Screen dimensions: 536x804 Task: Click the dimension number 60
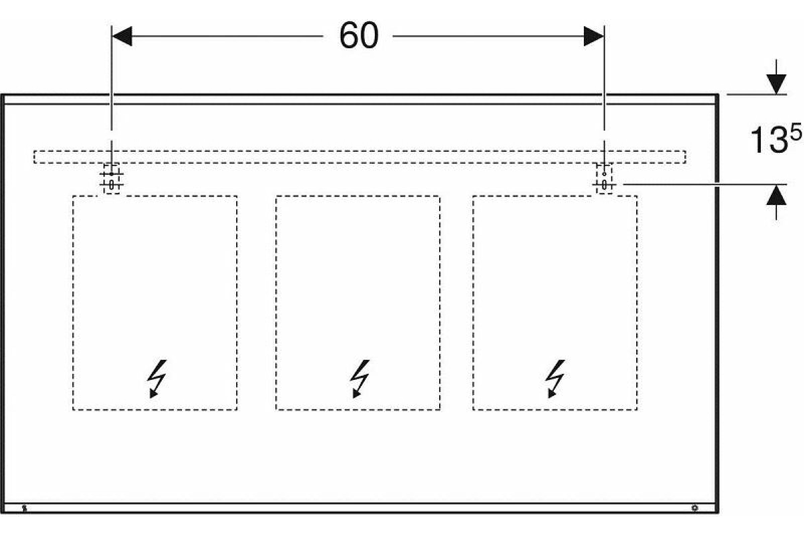coord(358,36)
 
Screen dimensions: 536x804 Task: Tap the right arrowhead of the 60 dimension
coord(594,36)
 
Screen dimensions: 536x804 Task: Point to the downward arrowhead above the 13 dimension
coord(776,84)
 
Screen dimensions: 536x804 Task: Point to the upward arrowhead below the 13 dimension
coord(776,196)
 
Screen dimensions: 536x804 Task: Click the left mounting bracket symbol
coord(112,179)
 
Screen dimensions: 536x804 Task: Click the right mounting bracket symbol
coord(604,179)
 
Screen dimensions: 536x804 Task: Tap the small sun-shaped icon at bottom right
coord(694,508)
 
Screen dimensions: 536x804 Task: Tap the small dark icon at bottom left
coord(24,508)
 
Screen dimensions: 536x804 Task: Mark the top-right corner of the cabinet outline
coord(718,95)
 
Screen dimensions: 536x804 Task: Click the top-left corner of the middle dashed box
coord(276,196)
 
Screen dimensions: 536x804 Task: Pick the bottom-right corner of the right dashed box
coord(637,409)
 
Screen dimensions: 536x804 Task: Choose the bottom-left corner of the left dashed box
coord(73,409)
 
